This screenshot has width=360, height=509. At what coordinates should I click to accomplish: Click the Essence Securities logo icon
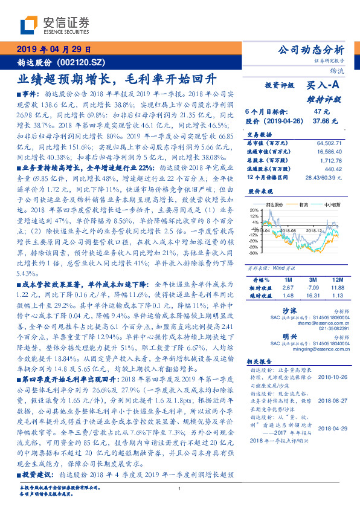tap(29, 25)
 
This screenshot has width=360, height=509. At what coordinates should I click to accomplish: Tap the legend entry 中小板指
tap(332, 205)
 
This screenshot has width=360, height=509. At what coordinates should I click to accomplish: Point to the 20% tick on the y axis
tap(254, 210)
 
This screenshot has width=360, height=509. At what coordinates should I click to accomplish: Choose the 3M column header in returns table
tap(314, 280)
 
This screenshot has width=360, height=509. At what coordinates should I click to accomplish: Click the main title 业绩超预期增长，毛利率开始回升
tap(116, 79)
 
